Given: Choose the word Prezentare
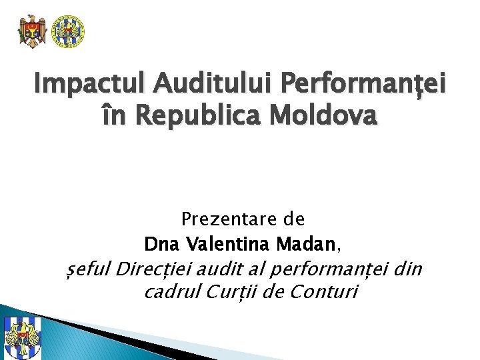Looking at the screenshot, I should [x=223, y=219].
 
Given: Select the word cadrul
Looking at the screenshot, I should [x=167, y=292].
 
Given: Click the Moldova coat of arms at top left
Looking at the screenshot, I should [x=32, y=31].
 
